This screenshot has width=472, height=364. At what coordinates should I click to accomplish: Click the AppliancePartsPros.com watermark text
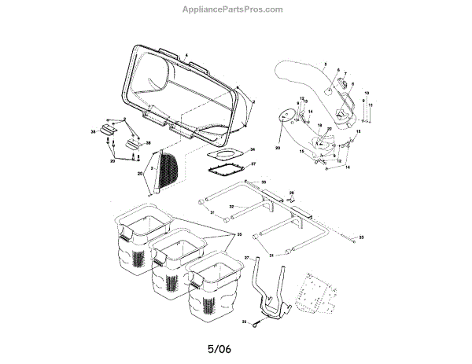pyautogui.click(x=237, y=9)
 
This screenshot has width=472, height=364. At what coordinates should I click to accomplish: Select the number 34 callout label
pyautogui.click(x=252, y=149)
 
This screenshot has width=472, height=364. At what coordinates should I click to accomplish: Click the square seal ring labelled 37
pyautogui.click(x=225, y=170)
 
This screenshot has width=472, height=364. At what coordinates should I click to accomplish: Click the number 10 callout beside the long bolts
pyautogui.click(x=367, y=93)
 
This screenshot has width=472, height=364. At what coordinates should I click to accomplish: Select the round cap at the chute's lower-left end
pyautogui.click(x=283, y=116)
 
